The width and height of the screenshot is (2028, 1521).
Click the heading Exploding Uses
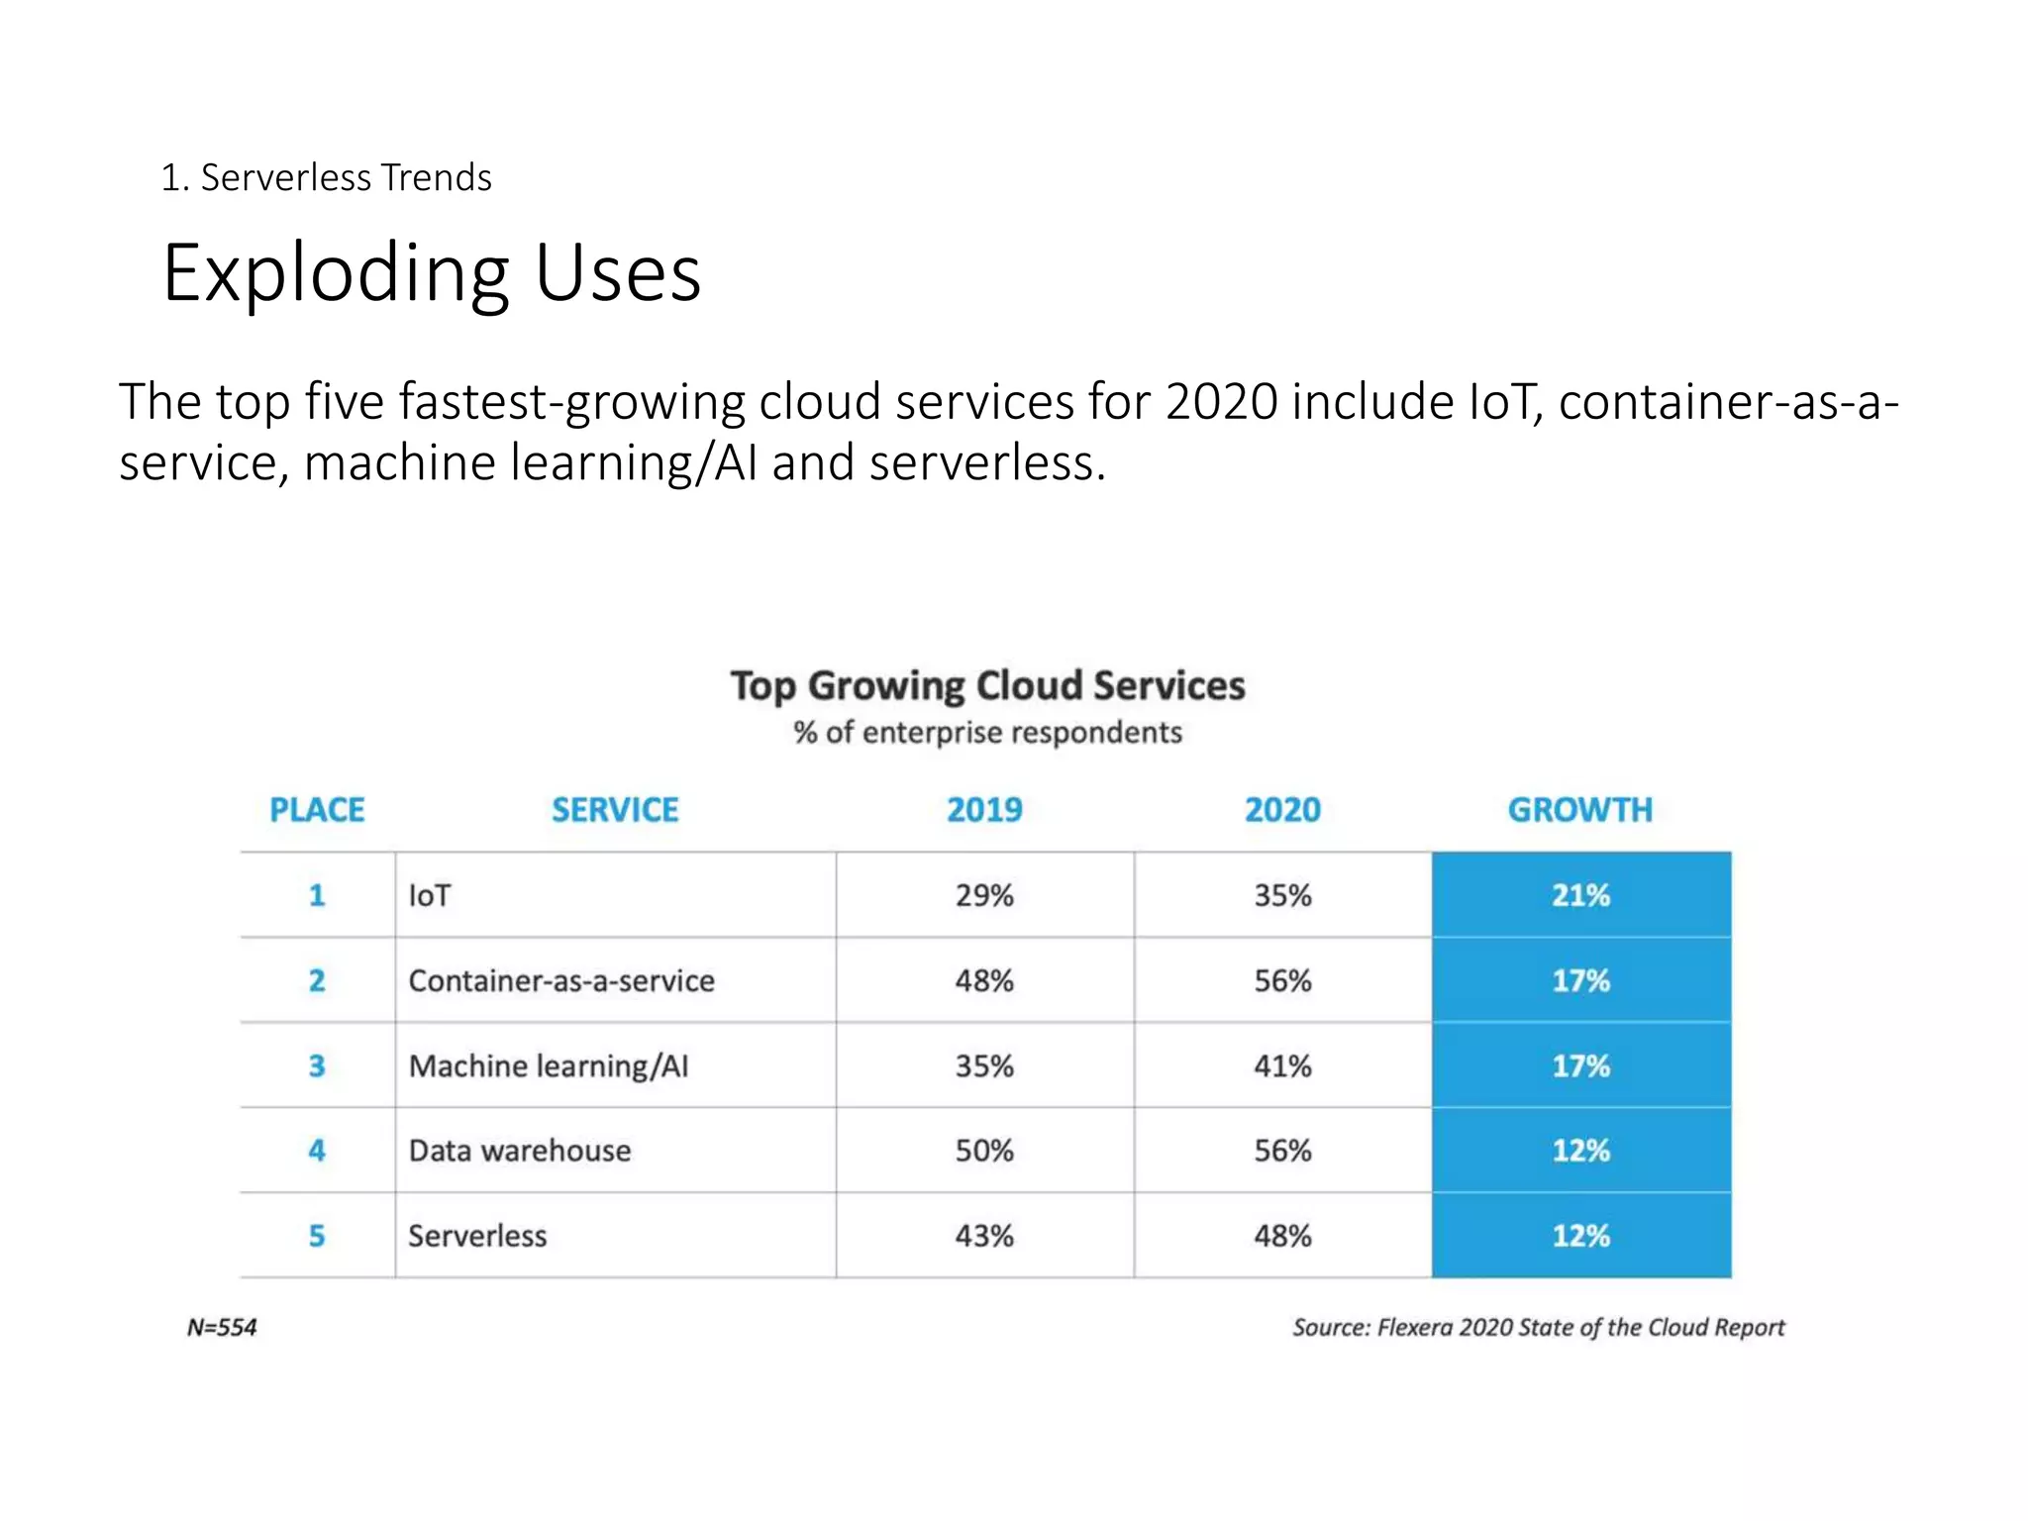click(x=432, y=273)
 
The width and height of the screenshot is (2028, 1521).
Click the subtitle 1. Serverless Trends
click(x=326, y=178)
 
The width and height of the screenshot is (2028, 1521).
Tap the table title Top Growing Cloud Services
click(x=987, y=686)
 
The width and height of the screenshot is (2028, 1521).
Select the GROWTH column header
click(x=1579, y=810)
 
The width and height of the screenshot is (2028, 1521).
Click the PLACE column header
click(x=317, y=810)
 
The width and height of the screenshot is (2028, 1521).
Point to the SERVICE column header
click(x=615, y=810)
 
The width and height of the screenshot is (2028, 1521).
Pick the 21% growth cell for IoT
click(x=1580, y=895)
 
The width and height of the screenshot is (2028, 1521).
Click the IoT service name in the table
click(x=430, y=895)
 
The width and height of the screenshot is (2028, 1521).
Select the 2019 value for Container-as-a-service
click(x=984, y=980)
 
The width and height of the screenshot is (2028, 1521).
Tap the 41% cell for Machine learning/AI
click(x=1282, y=1065)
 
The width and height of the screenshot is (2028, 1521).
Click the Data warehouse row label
click(x=520, y=1151)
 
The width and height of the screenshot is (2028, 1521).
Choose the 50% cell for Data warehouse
click(x=984, y=1151)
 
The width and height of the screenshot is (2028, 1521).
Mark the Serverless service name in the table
click(x=477, y=1236)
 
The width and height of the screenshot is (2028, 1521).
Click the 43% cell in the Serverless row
click(x=984, y=1236)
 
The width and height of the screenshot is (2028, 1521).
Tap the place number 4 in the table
click(x=317, y=1151)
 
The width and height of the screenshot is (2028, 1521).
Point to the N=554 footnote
click(x=222, y=1327)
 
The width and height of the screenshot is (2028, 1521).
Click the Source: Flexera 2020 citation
click(x=1538, y=1327)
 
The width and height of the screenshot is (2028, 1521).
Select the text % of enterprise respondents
click(x=987, y=733)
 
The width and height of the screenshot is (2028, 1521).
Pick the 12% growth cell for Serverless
click(x=1580, y=1236)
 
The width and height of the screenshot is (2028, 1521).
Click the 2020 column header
click(x=1282, y=810)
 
